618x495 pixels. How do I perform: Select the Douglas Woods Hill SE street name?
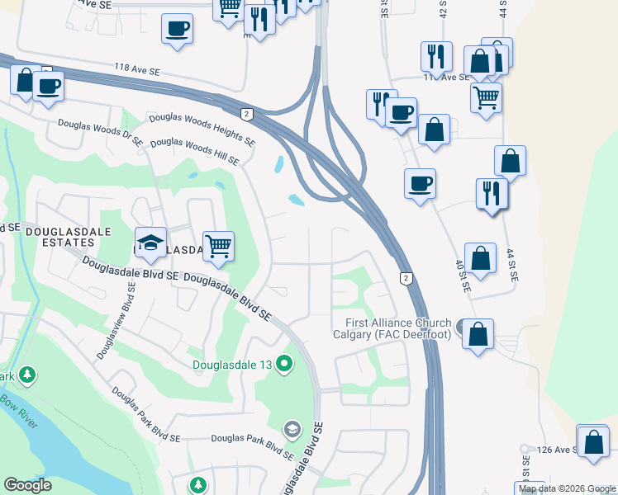194,151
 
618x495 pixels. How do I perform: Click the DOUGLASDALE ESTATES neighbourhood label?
65,239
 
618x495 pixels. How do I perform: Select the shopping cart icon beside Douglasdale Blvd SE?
218,246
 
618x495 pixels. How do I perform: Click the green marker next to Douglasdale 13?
285,363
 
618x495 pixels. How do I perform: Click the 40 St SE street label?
461,276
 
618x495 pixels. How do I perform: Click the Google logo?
28,485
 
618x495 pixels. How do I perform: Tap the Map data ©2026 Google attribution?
566,488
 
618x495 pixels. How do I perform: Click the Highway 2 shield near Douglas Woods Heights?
246,113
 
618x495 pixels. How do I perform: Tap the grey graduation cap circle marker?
292,429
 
